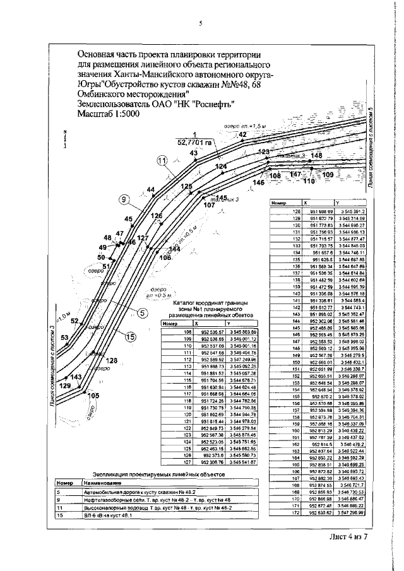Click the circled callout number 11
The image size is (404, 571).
click(x=162, y=162)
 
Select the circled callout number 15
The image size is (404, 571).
click(x=131, y=337)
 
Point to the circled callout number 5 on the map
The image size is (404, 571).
click(x=143, y=312)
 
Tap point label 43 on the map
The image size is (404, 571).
click(x=194, y=153)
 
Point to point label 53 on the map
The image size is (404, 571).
click(x=64, y=338)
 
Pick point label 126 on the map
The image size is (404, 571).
click(x=156, y=216)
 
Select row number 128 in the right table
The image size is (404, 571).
click(x=294, y=210)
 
